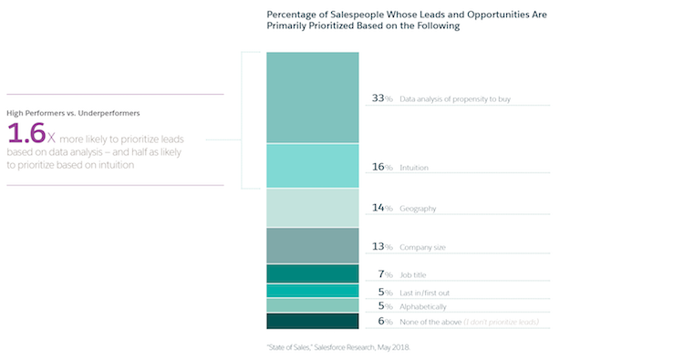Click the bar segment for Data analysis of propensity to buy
tap(312, 98)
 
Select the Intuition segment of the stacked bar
tap(312, 166)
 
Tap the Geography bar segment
tap(312, 208)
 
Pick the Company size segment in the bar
tap(312, 245)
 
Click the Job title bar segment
tap(312, 273)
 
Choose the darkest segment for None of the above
tap(312, 321)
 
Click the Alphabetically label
tap(422, 307)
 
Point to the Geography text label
tap(418, 209)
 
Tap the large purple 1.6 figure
tap(26, 135)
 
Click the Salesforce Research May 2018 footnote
tap(359, 346)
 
